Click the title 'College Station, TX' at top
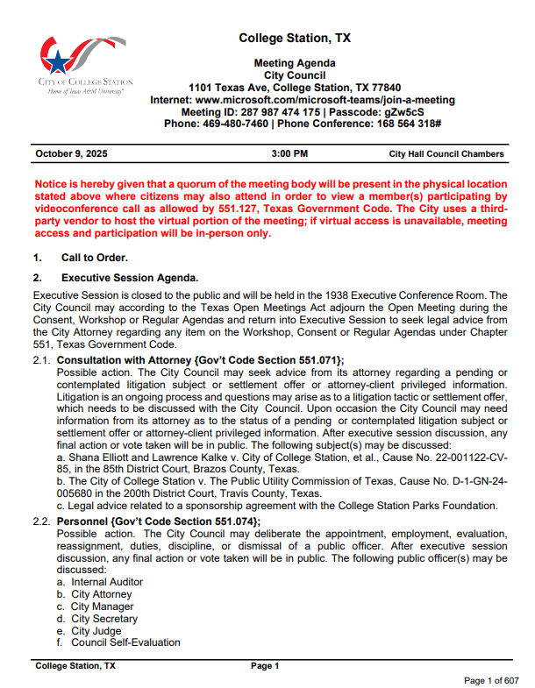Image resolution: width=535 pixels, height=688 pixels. (295, 39)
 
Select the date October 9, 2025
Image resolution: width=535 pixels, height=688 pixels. (71, 154)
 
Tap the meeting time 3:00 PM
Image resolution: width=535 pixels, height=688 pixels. (290, 154)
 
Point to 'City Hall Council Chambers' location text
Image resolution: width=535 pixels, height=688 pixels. (446, 154)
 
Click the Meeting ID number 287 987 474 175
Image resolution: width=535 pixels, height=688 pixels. (279, 112)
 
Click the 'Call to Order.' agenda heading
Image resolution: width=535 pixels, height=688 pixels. (94, 257)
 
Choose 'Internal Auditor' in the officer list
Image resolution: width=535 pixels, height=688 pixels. (107, 582)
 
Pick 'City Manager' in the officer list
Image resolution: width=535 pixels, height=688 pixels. (102, 606)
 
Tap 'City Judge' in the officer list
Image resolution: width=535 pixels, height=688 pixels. (96, 631)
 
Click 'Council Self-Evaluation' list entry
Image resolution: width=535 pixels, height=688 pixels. (125, 642)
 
